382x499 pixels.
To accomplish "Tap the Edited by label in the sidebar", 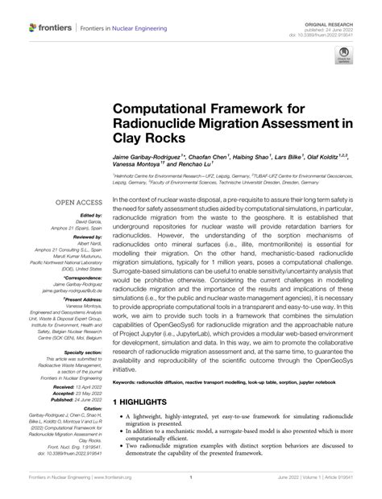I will pos(90,217).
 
